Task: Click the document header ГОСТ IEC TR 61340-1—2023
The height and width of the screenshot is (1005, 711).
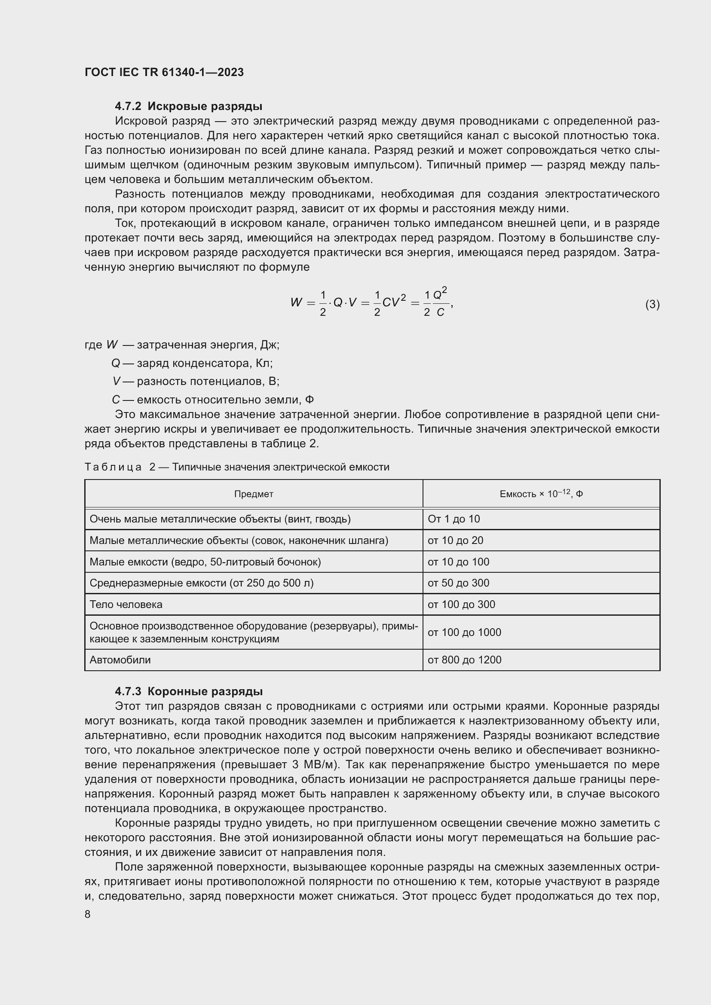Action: (x=164, y=72)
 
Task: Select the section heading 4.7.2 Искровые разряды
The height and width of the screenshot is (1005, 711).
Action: (x=189, y=107)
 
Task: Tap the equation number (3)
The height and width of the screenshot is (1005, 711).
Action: (x=652, y=304)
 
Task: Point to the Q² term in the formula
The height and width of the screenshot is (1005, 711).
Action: (x=440, y=293)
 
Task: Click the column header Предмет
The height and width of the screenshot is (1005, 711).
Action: (x=254, y=494)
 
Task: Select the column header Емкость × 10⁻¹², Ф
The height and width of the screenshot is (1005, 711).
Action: (x=541, y=494)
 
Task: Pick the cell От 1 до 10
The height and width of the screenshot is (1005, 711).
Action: (x=454, y=519)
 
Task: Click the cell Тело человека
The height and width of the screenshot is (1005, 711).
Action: (x=126, y=605)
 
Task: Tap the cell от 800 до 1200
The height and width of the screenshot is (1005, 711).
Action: (x=464, y=660)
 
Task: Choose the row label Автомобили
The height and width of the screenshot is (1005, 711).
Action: (x=120, y=660)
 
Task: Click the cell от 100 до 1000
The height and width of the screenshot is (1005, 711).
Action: (x=464, y=632)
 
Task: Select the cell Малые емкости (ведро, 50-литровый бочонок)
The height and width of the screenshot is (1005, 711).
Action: (x=205, y=562)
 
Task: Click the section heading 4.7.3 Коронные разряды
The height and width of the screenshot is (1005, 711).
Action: (x=189, y=692)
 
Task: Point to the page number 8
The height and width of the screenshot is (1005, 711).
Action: (x=88, y=914)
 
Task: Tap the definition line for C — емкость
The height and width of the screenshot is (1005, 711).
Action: (x=213, y=400)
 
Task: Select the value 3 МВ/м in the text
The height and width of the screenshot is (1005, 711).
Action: (x=313, y=765)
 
